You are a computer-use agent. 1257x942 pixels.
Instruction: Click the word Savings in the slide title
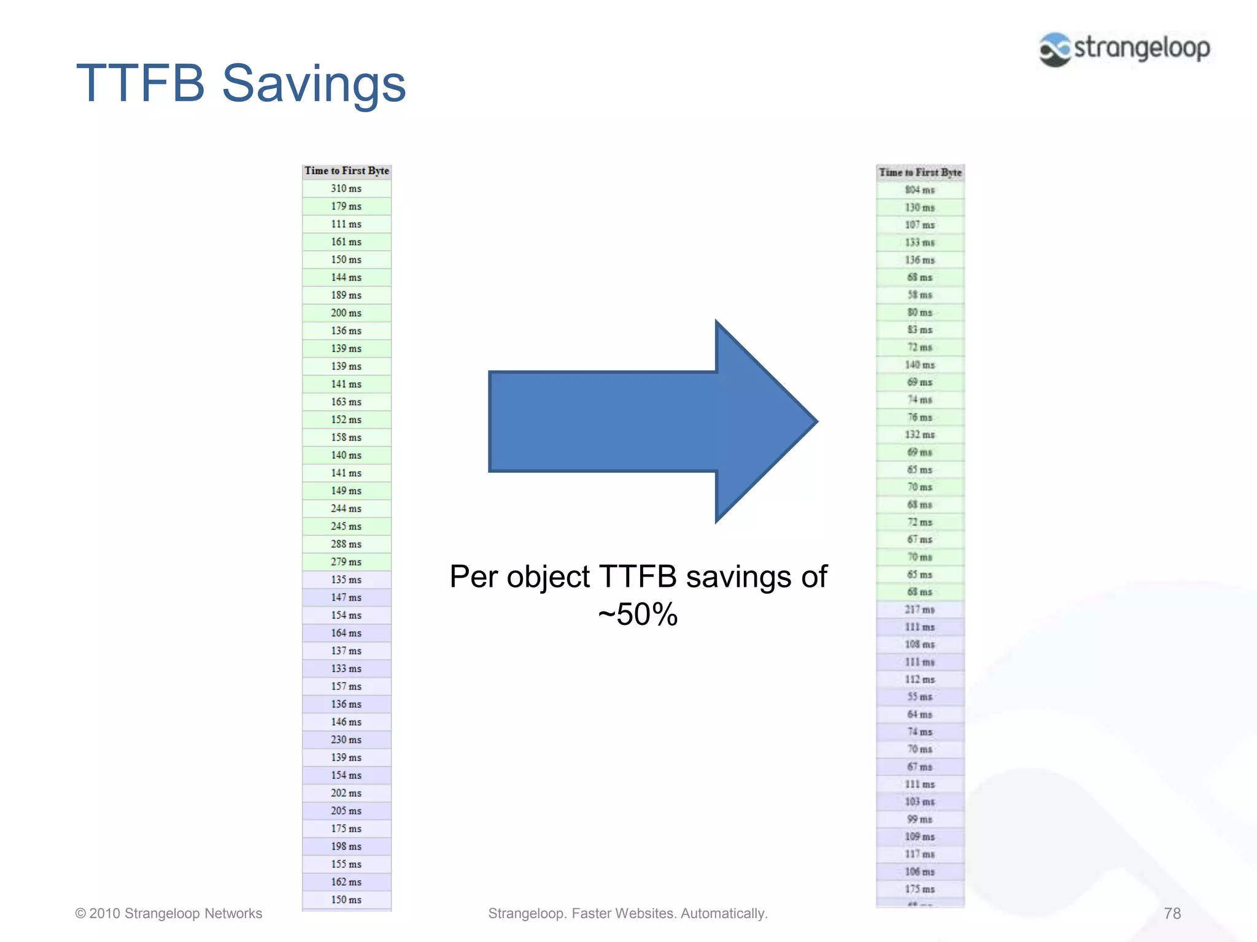click(x=314, y=84)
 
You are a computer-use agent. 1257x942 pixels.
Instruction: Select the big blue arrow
click(x=651, y=421)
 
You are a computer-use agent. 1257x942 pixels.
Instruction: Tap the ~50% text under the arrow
click(x=638, y=614)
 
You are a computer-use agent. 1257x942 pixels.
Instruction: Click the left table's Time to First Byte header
click(x=347, y=171)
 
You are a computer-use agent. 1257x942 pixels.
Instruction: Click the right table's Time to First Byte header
click(x=920, y=173)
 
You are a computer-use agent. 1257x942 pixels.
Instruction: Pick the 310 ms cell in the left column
click(x=347, y=189)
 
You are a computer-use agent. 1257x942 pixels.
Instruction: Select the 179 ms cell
click(x=347, y=207)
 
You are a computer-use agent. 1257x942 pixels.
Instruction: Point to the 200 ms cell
click(x=347, y=313)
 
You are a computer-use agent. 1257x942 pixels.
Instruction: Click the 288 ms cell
click(x=347, y=545)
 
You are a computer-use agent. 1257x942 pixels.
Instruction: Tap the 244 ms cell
click(x=347, y=509)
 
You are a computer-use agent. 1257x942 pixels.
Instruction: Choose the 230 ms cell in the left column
click(x=347, y=740)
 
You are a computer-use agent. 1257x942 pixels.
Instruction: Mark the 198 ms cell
click(x=347, y=847)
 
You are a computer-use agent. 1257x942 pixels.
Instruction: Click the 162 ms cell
click(x=347, y=883)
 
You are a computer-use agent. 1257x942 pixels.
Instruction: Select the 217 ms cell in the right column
click(x=920, y=610)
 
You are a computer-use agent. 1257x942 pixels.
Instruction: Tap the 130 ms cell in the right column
click(x=920, y=208)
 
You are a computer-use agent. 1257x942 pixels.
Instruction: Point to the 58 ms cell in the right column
click(x=920, y=295)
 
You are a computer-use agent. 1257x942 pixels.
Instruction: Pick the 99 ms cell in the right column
click(x=920, y=819)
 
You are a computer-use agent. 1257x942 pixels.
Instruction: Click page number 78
click(x=1172, y=914)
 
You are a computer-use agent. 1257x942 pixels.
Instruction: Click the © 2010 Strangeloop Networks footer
click(x=169, y=914)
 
